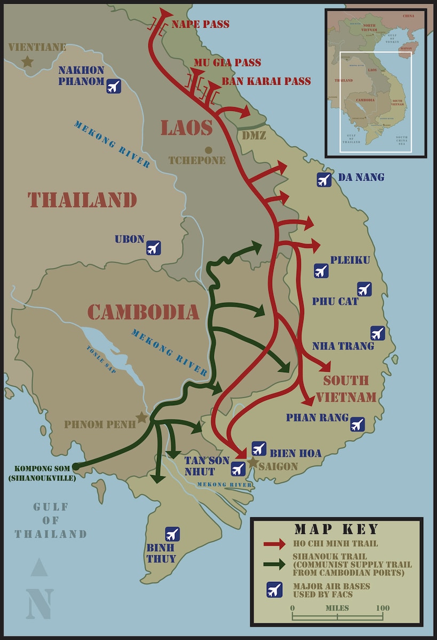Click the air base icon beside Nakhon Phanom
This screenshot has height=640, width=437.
pyautogui.click(x=114, y=86)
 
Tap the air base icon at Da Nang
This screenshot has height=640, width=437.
pyautogui.click(x=323, y=180)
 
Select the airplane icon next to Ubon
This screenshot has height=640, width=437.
pyautogui.click(x=154, y=247)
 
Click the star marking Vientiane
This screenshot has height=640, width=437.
pyautogui.click(x=27, y=62)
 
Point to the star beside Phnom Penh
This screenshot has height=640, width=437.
pyautogui.click(x=141, y=417)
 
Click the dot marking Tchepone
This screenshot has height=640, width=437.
pyautogui.click(x=208, y=150)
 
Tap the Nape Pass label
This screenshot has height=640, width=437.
pyautogui.click(x=201, y=25)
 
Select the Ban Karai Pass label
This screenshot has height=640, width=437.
pyautogui.click(x=266, y=82)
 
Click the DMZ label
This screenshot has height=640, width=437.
pyautogui.click(x=254, y=135)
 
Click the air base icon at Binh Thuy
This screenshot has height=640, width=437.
pyautogui.click(x=172, y=534)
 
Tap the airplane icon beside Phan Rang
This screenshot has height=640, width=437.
pyautogui.click(x=357, y=425)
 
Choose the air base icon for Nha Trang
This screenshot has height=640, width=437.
pyautogui.click(x=377, y=333)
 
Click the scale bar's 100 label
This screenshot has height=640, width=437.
pyautogui.click(x=382, y=608)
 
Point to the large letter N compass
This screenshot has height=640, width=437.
pyautogui.click(x=40, y=604)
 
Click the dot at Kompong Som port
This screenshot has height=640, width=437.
pyautogui.click(x=75, y=467)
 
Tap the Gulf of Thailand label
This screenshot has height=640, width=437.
pyautogui.click(x=51, y=520)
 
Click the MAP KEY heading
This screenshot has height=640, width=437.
pyautogui.click(x=336, y=529)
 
